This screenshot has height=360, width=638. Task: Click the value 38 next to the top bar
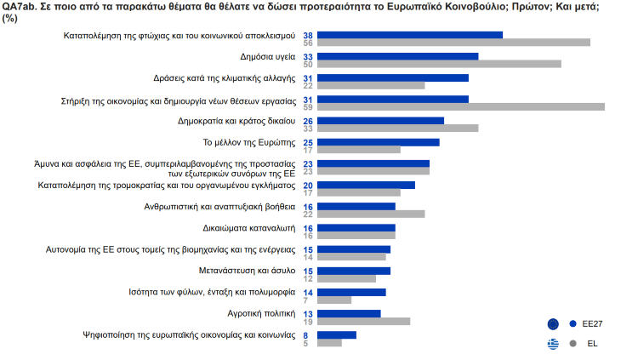click(x=309, y=36)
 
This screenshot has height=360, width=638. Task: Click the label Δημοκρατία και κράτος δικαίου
click(x=236, y=121)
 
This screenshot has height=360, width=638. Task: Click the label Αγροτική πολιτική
click(x=260, y=313)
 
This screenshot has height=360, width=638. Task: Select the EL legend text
click(x=592, y=344)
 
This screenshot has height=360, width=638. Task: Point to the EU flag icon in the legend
click(x=554, y=324)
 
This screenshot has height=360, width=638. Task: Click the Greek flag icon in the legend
click(x=554, y=344)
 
